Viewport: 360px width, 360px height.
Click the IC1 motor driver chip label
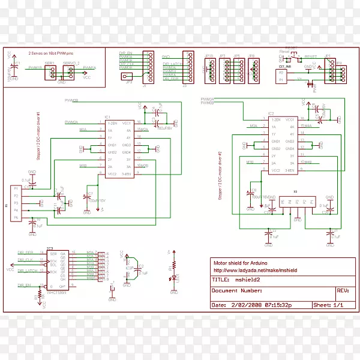(107, 117)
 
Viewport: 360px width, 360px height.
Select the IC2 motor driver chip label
(271, 113)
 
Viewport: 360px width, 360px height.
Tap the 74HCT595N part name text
(56, 292)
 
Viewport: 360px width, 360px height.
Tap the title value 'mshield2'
(248, 279)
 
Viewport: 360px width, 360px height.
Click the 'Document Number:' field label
(238, 291)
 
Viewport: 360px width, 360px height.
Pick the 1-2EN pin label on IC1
(111, 123)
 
